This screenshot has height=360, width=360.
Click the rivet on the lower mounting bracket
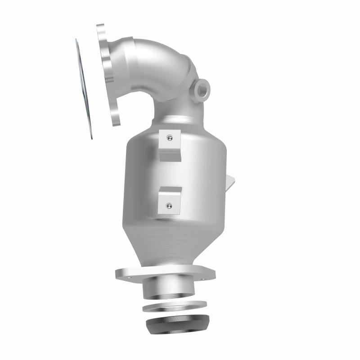[x=169, y=206]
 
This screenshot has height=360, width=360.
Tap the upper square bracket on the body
[x=171, y=145]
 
